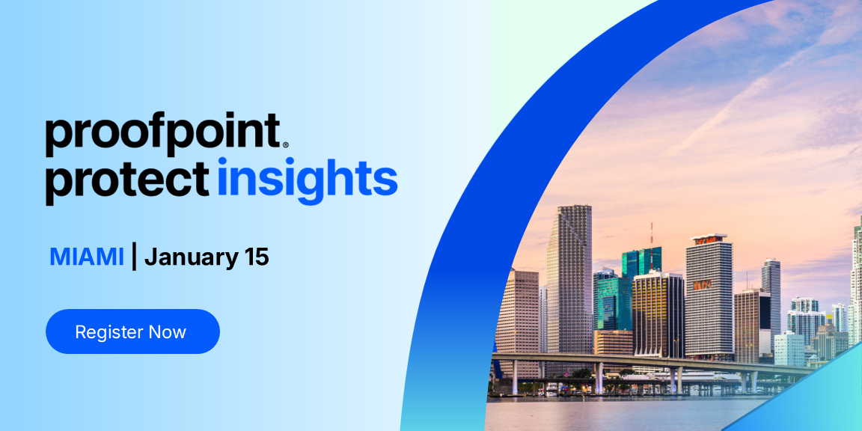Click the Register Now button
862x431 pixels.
click(x=132, y=331)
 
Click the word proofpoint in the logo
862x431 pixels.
click(x=161, y=134)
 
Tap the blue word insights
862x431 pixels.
click(x=307, y=180)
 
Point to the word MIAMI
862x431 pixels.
click(x=86, y=257)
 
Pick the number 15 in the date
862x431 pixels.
click(x=256, y=257)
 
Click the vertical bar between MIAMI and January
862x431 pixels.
click(x=134, y=256)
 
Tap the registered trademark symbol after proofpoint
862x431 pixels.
click(x=285, y=144)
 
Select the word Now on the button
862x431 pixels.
click(x=167, y=331)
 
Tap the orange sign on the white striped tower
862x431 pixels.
click(x=702, y=285)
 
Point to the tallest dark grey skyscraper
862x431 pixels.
click(x=569, y=277)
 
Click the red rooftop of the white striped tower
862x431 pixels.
click(x=709, y=239)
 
